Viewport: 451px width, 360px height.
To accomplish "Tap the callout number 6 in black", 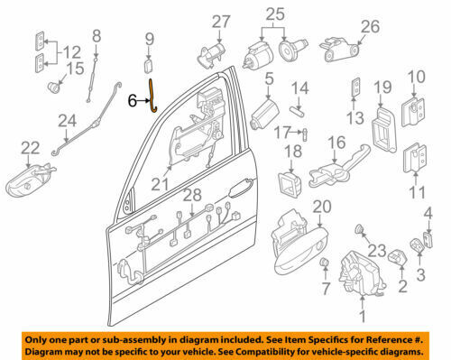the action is coord(133,101).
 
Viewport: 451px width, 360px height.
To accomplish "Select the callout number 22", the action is coord(31,148).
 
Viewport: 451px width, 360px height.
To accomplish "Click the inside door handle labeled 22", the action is coord(29,180).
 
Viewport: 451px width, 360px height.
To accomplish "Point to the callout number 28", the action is coord(192,196).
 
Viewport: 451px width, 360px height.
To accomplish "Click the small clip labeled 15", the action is coord(54,88).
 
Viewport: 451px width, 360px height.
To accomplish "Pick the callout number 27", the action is coord(221,22).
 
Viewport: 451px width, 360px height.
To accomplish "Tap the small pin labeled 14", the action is coord(298,111).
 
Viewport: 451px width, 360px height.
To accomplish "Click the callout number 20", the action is coord(322,207).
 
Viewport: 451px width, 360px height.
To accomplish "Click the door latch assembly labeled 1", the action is coord(362,272).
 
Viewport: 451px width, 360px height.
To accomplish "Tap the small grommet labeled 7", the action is coord(324,263).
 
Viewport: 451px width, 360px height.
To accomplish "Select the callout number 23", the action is coord(377,251).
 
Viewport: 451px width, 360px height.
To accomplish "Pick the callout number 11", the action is coord(418,192).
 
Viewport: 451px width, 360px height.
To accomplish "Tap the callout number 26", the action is coord(370,27).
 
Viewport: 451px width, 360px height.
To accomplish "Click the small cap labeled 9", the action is coord(149,66).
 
